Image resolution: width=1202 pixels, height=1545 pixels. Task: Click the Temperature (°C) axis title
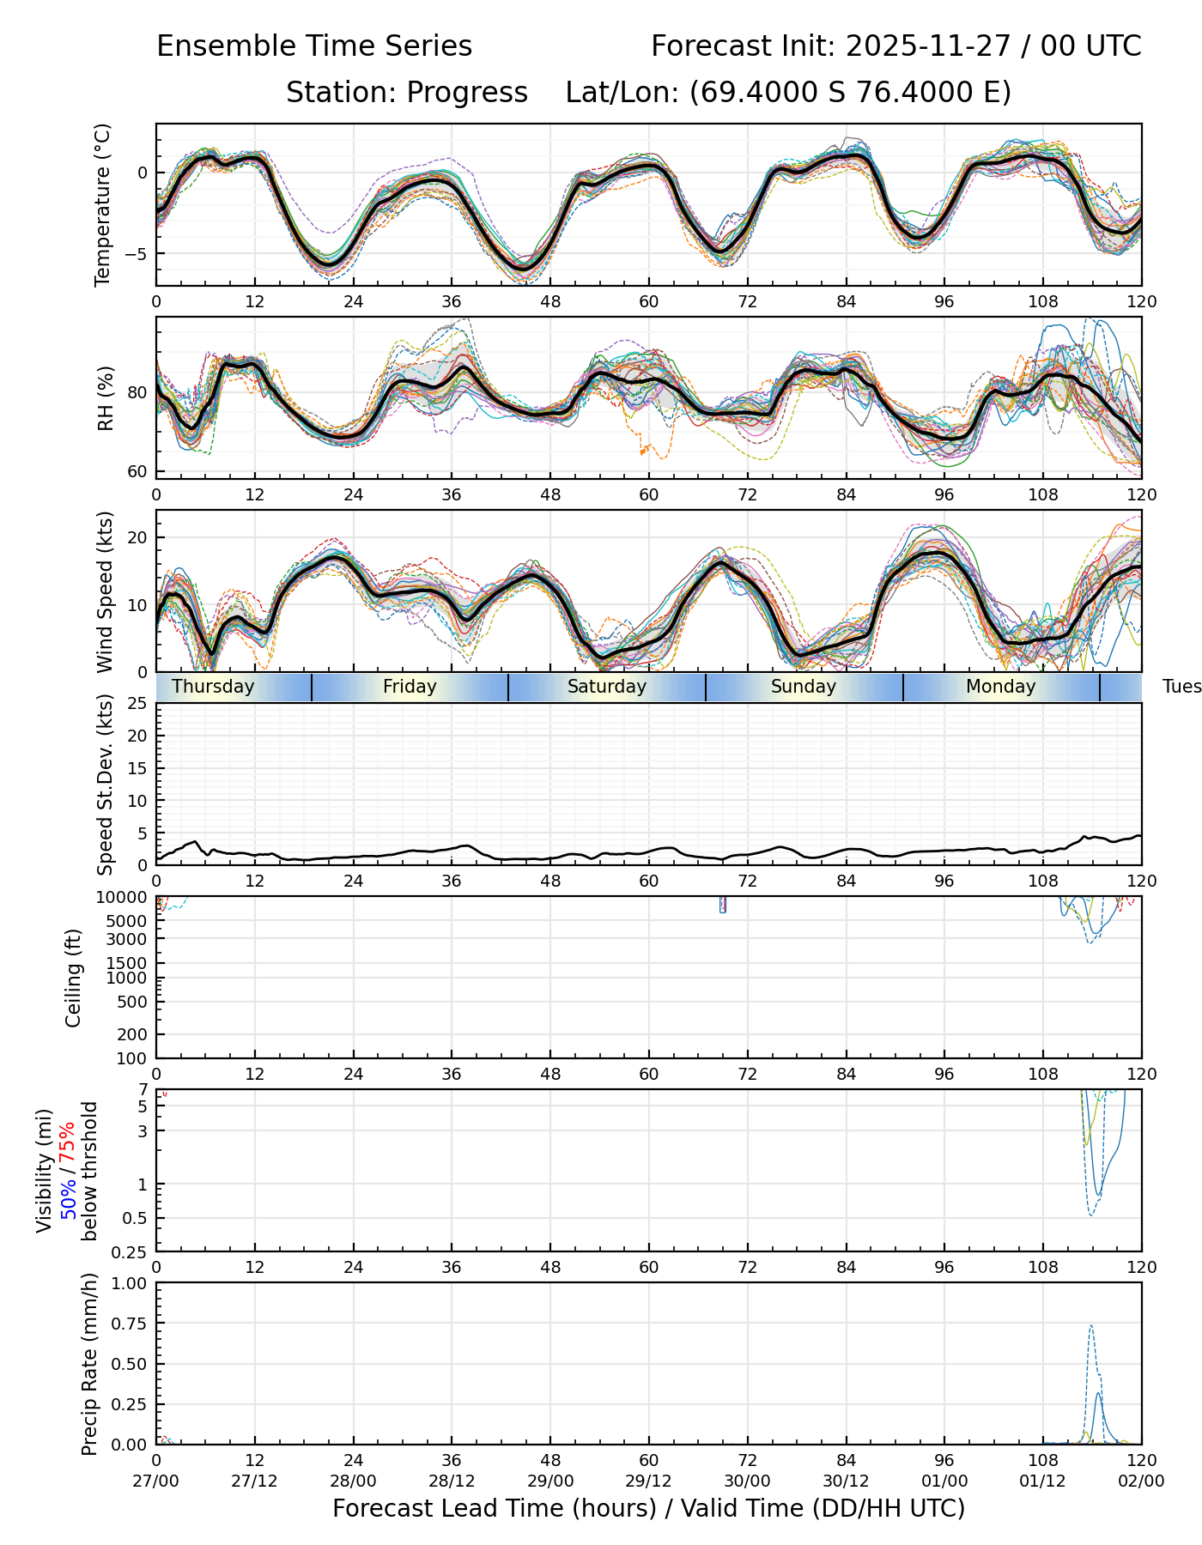(104, 204)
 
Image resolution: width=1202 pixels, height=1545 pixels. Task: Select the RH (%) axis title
(106, 398)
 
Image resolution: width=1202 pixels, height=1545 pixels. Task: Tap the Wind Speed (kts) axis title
(106, 591)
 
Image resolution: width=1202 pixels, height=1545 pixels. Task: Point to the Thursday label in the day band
(213, 687)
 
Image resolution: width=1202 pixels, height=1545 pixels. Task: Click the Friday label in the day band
(410, 687)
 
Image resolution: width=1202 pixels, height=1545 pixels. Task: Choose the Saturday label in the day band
(607, 687)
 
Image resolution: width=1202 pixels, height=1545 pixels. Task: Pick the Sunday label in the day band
(804, 687)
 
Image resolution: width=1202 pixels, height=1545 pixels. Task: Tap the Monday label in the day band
(1001, 687)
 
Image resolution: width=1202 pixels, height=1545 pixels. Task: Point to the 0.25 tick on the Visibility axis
(131, 1251)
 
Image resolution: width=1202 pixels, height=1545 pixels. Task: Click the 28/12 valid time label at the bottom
(452, 1481)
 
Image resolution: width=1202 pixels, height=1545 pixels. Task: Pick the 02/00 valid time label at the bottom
(1141, 1481)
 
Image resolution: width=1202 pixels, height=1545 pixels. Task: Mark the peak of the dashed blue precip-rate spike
(1090, 1326)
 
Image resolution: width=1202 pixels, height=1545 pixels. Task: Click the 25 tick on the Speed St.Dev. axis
(137, 704)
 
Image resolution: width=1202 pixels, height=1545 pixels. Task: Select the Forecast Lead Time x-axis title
(648, 1508)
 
